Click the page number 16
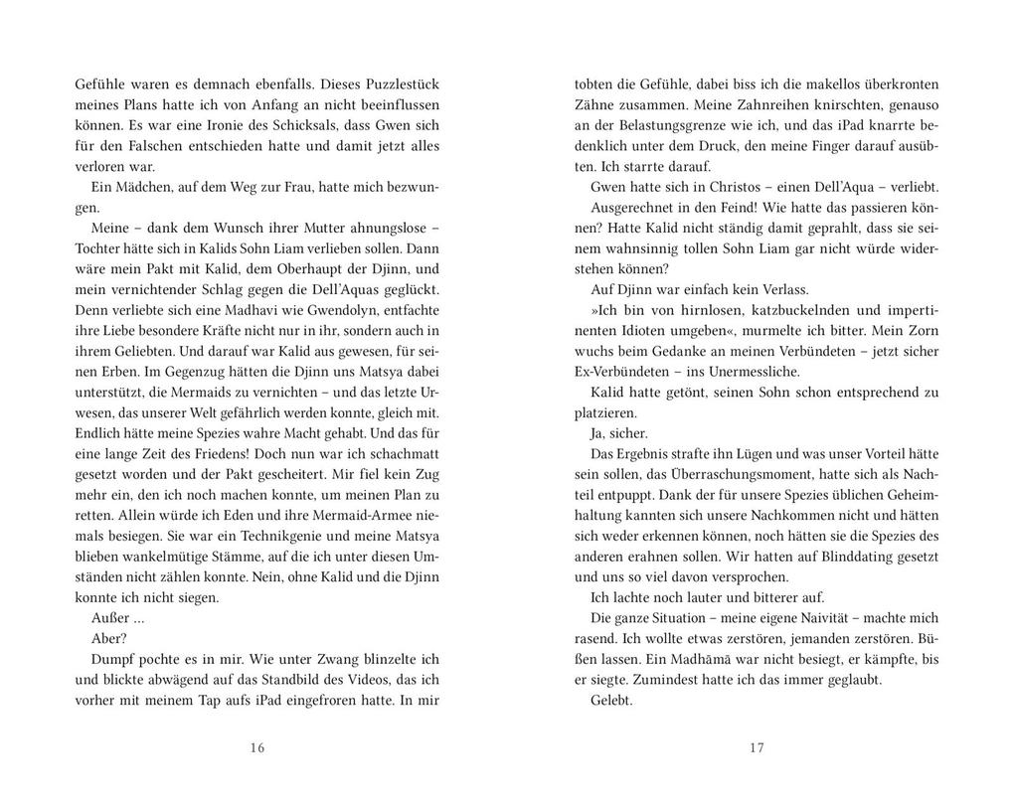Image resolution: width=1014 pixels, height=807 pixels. tap(257, 748)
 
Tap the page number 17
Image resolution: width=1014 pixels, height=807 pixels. tap(757, 748)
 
